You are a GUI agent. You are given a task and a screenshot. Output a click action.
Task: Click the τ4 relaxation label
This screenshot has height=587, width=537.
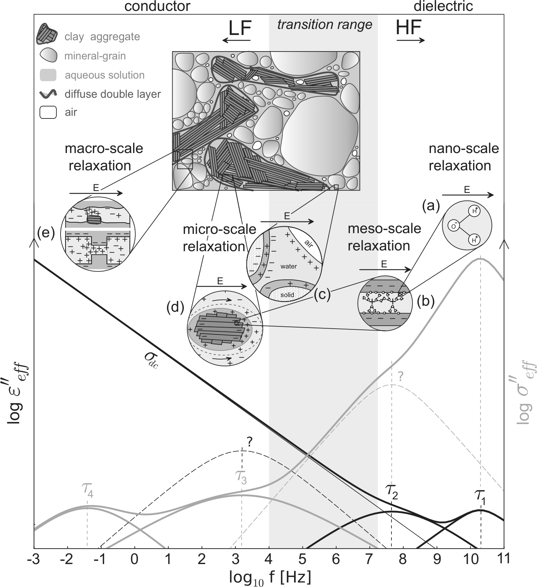tap(87, 489)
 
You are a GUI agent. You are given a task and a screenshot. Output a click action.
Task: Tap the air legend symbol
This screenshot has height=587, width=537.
tap(48, 112)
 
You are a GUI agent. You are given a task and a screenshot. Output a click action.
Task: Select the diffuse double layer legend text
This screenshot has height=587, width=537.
tap(112, 94)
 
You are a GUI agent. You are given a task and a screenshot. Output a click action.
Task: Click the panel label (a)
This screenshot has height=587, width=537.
tap(431, 205)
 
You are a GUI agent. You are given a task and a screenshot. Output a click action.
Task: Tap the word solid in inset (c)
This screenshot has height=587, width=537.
tap(287, 295)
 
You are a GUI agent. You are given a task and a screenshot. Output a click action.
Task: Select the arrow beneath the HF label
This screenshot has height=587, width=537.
tap(411, 40)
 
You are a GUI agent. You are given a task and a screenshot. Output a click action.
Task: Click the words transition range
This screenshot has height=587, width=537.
tap(325, 24)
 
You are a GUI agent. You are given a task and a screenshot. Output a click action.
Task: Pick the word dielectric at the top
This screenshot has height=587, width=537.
tap(443, 6)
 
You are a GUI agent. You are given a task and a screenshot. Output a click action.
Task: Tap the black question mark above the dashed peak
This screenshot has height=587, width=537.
tap(249, 441)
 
